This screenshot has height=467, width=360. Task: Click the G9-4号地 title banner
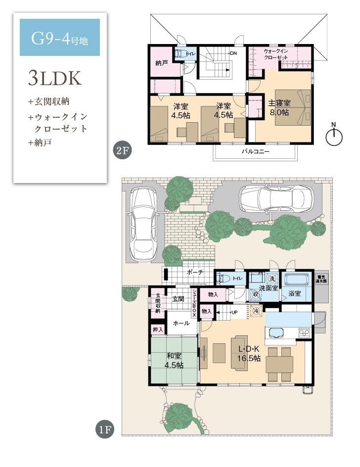click(59, 38)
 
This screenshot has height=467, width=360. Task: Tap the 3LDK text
click(54, 78)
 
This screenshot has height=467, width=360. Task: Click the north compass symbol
click(335, 136)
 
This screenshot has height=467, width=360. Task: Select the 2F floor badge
click(122, 150)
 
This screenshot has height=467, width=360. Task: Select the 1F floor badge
click(104, 429)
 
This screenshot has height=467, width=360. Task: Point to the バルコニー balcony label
click(255, 152)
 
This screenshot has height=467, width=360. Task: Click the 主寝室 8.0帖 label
click(279, 108)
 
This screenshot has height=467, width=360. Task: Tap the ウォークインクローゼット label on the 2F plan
click(279, 54)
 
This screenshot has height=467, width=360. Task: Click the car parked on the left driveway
click(143, 223)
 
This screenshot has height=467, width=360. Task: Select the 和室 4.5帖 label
click(174, 360)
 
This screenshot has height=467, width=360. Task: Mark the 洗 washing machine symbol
click(271, 278)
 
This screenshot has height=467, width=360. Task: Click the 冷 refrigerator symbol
click(256, 311)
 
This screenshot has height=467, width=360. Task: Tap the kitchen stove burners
click(303, 332)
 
